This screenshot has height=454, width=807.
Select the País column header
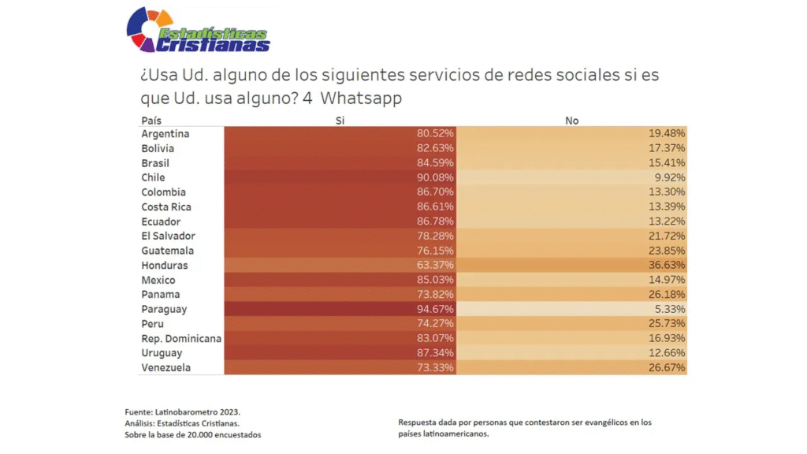point(151,121)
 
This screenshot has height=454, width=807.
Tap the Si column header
point(340,121)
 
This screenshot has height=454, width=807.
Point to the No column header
point(571,121)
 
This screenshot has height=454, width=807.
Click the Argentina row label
point(165,134)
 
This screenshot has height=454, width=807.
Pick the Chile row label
point(153,178)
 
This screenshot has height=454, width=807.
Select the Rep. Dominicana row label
point(181,339)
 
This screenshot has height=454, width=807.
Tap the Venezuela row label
point(165,368)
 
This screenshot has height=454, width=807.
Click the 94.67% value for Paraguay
point(435,310)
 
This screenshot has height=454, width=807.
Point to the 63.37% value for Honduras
point(435,266)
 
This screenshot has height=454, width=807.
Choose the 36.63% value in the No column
point(667,266)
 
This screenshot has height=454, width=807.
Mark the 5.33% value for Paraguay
point(670,310)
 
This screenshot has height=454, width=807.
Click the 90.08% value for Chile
point(435,178)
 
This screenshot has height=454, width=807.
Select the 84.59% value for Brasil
point(435,163)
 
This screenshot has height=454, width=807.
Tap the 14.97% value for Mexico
point(667,281)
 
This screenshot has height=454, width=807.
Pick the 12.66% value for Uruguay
point(667,354)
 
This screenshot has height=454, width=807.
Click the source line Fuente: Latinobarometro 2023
point(182,412)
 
